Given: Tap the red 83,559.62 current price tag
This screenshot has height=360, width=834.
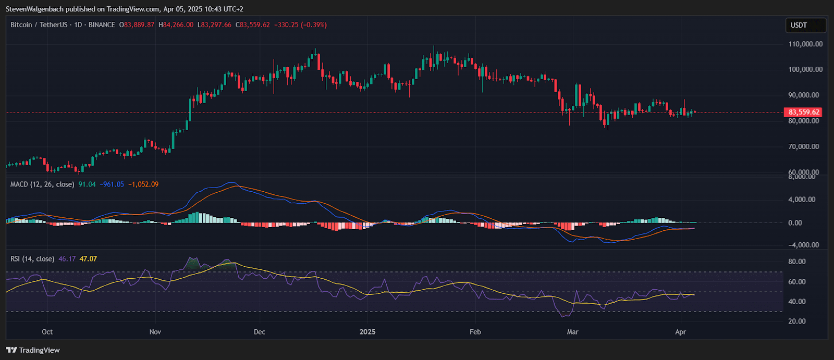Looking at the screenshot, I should (x=803, y=112).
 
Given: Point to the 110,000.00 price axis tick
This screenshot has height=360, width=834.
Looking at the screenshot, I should (x=805, y=44).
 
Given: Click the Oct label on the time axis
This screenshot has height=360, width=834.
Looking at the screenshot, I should (x=47, y=332).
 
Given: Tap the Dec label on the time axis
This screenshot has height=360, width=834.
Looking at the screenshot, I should (x=259, y=332).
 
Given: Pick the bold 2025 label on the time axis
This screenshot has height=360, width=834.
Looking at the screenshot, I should (x=367, y=332).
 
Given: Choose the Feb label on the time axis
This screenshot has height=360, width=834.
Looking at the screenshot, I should (x=475, y=332).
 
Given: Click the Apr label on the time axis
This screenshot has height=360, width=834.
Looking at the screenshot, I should (x=680, y=332).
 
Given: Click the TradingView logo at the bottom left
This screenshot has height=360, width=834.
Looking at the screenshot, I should (x=33, y=350).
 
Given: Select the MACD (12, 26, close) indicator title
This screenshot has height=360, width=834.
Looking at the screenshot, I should (x=42, y=184).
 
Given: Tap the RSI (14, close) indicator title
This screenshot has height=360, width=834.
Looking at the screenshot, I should (x=32, y=259).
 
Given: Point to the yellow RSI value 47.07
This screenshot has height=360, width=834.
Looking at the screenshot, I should (x=88, y=259).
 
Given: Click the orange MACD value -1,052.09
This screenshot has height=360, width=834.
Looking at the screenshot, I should (x=143, y=184).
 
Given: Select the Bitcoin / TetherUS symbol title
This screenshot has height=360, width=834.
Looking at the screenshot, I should (x=39, y=25).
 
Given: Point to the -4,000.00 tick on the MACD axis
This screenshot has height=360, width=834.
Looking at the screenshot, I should (x=803, y=245).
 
